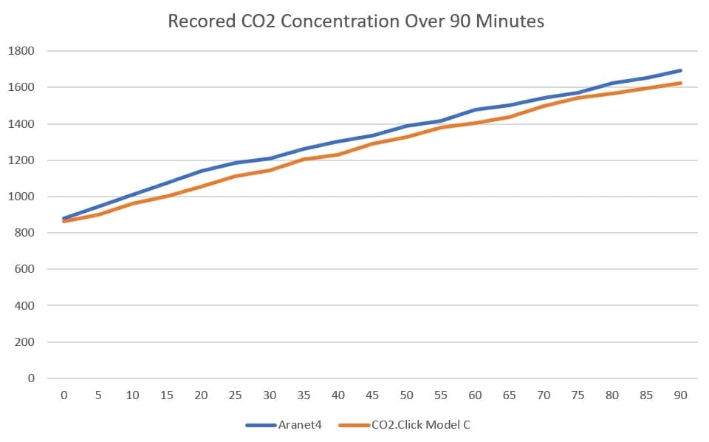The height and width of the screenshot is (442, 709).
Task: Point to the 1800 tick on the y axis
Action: point(21,51)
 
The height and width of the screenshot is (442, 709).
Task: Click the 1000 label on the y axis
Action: point(21,197)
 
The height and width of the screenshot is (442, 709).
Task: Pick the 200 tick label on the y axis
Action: point(24,342)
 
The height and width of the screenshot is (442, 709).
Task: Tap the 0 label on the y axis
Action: point(32,378)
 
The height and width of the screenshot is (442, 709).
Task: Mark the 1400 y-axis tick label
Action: point(21,124)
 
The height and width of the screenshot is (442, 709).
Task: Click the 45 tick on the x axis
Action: point(372,395)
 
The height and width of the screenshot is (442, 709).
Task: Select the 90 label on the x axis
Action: point(680,395)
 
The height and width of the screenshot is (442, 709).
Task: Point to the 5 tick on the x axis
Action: point(98,395)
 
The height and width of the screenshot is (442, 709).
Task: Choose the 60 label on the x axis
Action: point(475,395)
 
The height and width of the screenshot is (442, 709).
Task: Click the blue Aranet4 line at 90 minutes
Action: point(680,70)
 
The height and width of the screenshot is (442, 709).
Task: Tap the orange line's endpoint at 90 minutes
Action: point(680,83)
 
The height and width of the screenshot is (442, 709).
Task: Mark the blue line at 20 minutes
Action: point(201,171)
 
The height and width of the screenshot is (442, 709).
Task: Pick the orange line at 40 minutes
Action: point(338,154)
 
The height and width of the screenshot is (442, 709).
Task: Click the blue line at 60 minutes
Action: point(475,109)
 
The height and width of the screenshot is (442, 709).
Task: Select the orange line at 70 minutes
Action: point(544,106)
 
